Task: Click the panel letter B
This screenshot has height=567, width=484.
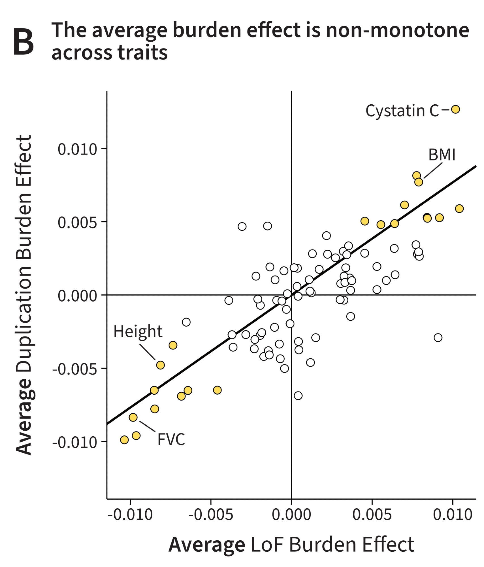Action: [x=23, y=43]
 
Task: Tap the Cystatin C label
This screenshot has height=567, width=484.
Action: [x=402, y=111]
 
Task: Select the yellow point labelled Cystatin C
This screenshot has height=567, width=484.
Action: [x=455, y=109]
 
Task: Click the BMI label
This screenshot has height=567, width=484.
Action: [x=442, y=155]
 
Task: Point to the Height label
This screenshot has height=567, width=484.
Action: [x=138, y=331]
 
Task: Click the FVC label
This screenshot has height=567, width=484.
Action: [x=171, y=439]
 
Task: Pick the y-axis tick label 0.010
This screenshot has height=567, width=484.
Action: [x=78, y=149]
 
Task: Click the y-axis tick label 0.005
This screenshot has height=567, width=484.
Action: [x=78, y=222]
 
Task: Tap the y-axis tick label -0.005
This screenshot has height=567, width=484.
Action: [x=75, y=369]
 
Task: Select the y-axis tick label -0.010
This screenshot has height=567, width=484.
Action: [x=75, y=442]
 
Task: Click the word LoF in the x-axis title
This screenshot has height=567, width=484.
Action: [x=267, y=545]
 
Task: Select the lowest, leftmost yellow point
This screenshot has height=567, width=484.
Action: [x=124, y=440]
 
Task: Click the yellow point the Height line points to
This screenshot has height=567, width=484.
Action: [x=160, y=365]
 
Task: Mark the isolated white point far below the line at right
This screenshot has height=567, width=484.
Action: [x=438, y=338]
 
